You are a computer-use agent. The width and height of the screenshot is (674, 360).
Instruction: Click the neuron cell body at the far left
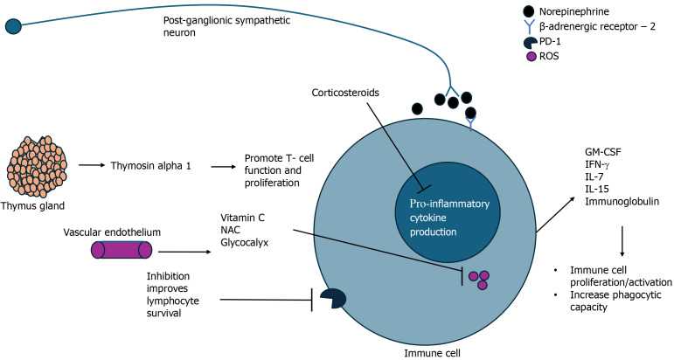(x=13, y=25)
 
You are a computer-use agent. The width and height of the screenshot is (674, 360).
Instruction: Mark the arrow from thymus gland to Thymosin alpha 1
(x=90, y=163)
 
